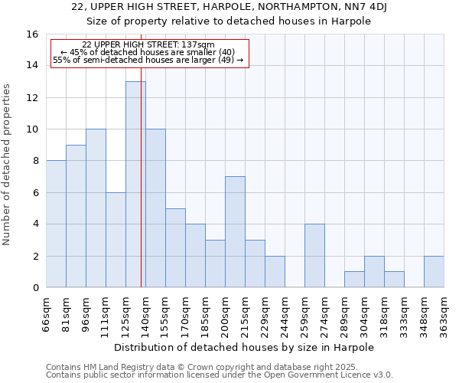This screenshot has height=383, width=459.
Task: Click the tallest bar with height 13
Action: pos(135,185)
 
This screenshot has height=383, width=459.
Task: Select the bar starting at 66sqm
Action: pos(56,224)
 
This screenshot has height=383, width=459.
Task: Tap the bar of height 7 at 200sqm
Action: pos(235,232)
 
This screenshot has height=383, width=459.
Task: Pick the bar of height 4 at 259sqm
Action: pos(314,256)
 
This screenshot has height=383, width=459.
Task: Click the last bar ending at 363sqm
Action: pos(434,272)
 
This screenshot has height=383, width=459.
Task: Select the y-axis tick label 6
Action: pos(35,193)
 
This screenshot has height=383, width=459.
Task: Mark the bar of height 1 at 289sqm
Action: pos(354,280)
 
